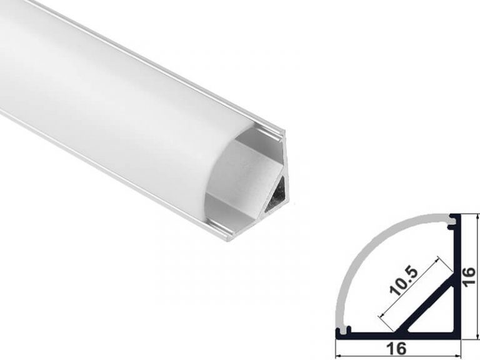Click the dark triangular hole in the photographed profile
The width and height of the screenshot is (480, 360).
[277, 199]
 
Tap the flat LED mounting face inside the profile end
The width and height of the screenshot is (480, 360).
[250, 175]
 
